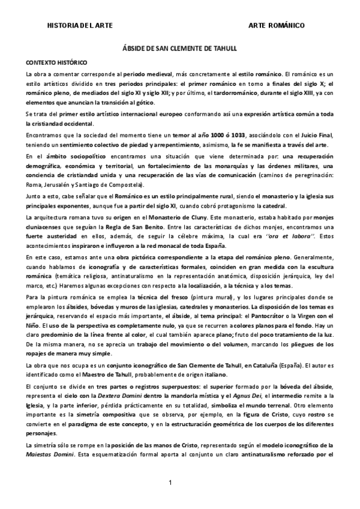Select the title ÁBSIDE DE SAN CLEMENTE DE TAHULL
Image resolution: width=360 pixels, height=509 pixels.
coord(179,53)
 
